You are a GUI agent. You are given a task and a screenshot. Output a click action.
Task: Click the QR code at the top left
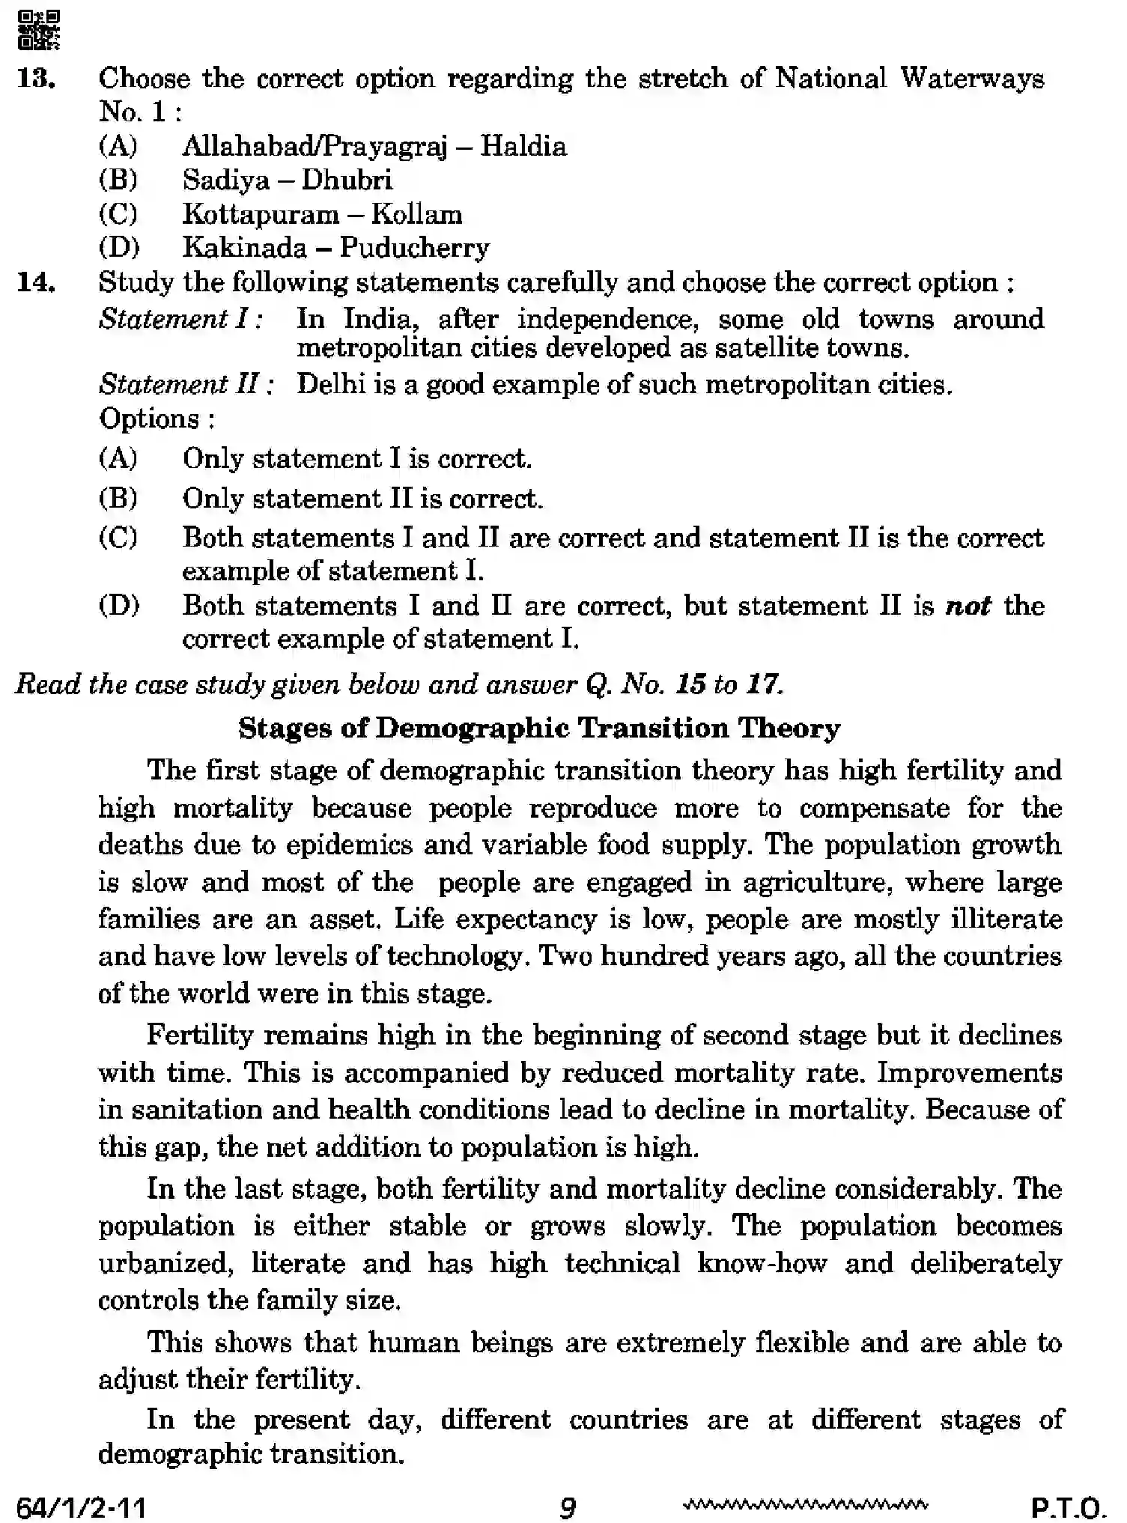(38, 30)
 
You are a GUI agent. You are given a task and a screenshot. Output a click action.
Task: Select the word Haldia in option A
(523, 146)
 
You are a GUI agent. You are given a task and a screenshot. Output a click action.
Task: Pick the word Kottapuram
(261, 215)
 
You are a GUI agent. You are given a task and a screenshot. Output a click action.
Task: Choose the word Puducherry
(414, 248)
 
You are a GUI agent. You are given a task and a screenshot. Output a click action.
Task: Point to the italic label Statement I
(180, 320)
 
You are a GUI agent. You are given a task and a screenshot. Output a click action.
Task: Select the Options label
(156, 419)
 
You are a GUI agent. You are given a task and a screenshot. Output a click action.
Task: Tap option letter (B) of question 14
(118, 499)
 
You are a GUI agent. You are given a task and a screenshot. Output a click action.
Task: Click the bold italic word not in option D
(968, 606)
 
